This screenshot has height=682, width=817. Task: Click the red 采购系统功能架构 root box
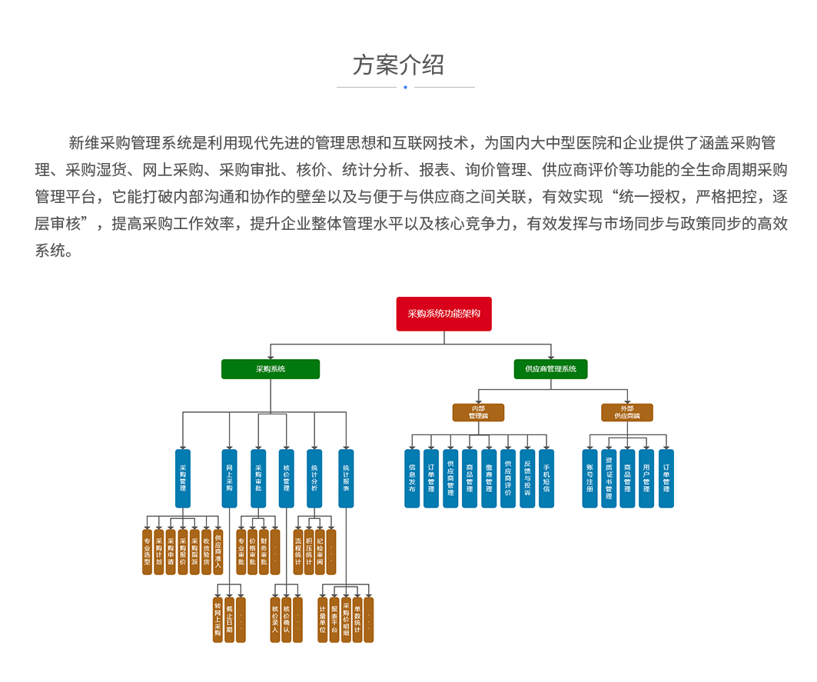pyautogui.click(x=443, y=314)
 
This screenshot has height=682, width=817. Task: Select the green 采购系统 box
pyautogui.click(x=270, y=369)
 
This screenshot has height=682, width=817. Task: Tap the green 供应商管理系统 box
pyautogui.click(x=550, y=369)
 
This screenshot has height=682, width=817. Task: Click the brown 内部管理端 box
pyautogui.click(x=478, y=413)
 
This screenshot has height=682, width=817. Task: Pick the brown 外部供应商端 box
pyautogui.click(x=626, y=413)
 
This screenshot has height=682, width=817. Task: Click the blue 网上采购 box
pyautogui.click(x=229, y=478)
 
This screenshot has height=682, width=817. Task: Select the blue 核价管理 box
pyautogui.click(x=286, y=478)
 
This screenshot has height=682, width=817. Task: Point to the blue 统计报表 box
pyautogui.click(x=346, y=478)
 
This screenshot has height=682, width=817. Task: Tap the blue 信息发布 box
pyautogui.click(x=412, y=478)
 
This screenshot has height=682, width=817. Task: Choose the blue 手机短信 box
pyautogui.click(x=546, y=478)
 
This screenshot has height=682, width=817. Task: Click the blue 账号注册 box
pyautogui.click(x=590, y=478)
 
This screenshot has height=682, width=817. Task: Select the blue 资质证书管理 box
pyautogui.click(x=609, y=478)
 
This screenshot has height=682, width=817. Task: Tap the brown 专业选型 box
pyautogui.click(x=147, y=551)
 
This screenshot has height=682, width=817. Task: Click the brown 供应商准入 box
pyautogui.click(x=218, y=551)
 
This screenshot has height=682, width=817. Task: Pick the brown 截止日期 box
pyautogui.click(x=229, y=619)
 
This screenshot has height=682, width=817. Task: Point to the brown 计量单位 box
pyautogui.click(x=322, y=619)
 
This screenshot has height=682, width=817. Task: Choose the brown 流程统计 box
pyautogui.click(x=298, y=551)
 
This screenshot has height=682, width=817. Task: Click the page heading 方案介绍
pyautogui.click(x=398, y=65)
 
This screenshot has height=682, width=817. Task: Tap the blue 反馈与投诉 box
pyautogui.click(x=527, y=478)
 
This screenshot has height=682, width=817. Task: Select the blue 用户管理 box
pyautogui.click(x=646, y=478)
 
